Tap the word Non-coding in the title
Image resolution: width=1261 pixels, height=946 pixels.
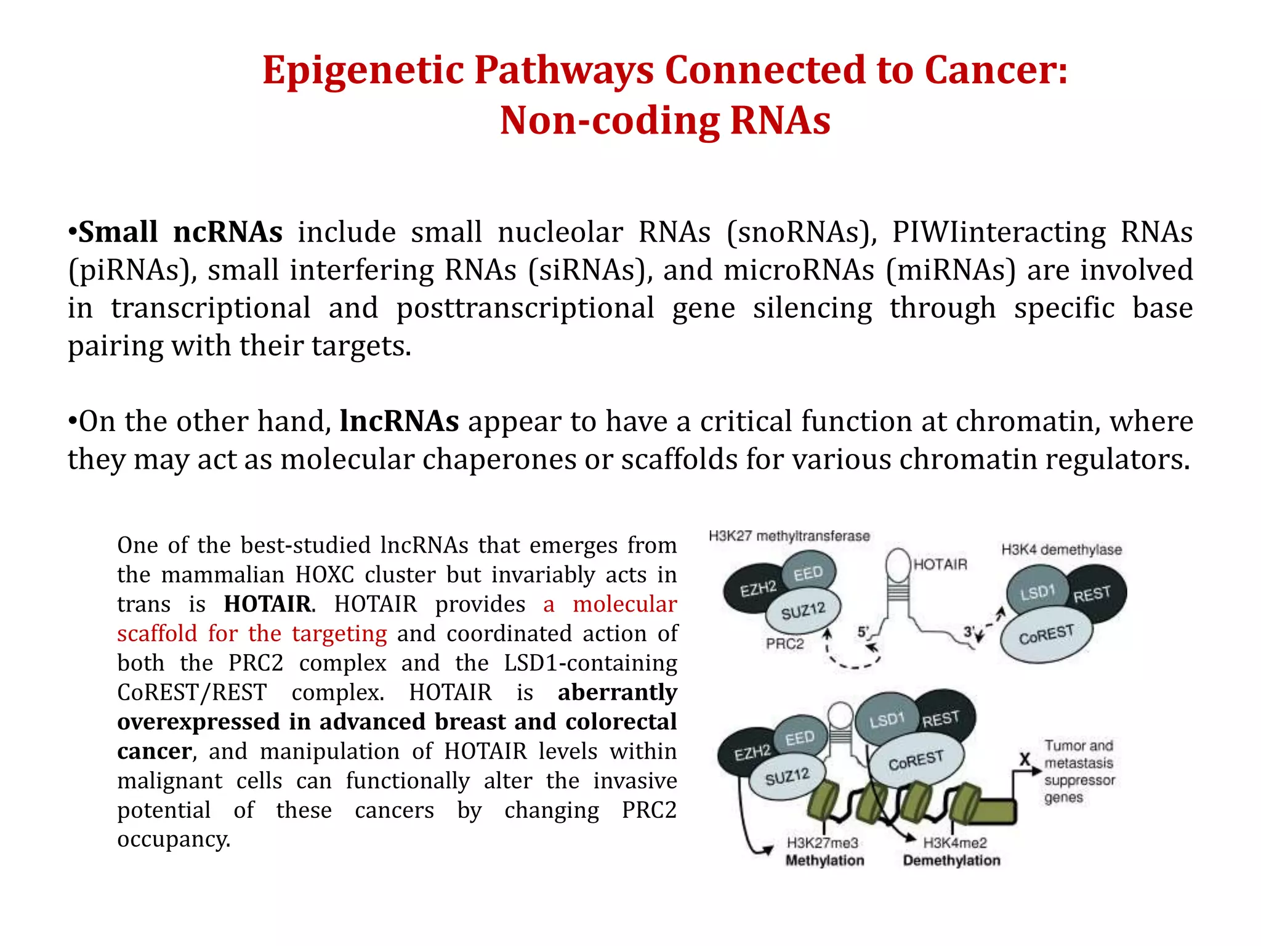pyautogui.click(x=610, y=121)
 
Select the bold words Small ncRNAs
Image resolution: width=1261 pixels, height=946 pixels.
pyautogui.click(x=180, y=233)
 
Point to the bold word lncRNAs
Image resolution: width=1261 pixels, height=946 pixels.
pyautogui.click(x=399, y=422)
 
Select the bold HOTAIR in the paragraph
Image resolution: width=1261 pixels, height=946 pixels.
pyautogui.click(x=267, y=604)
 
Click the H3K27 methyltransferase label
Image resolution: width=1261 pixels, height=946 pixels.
pyautogui.click(x=789, y=536)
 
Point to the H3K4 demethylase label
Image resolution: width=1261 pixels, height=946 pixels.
pyautogui.click(x=1061, y=549)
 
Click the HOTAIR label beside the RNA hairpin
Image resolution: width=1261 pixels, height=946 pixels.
pyautogui.click(x=940, y=564)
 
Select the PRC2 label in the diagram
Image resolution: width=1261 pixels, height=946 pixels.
pyautogui.click(x=784, y=644)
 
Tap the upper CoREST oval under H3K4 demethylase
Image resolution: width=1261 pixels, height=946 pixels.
pyautogui.click(x=1046, y=634)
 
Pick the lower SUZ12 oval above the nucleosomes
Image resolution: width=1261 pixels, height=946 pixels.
pyautogui.click(x=787, y=777)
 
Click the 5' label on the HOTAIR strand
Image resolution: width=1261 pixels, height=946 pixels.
pyautogui.click(x=863, y=632)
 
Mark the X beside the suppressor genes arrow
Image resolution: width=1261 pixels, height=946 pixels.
pyautogui.click(x=1025, y=759)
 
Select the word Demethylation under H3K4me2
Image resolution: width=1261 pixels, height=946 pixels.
pyautogui.click(x=951, y=860)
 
